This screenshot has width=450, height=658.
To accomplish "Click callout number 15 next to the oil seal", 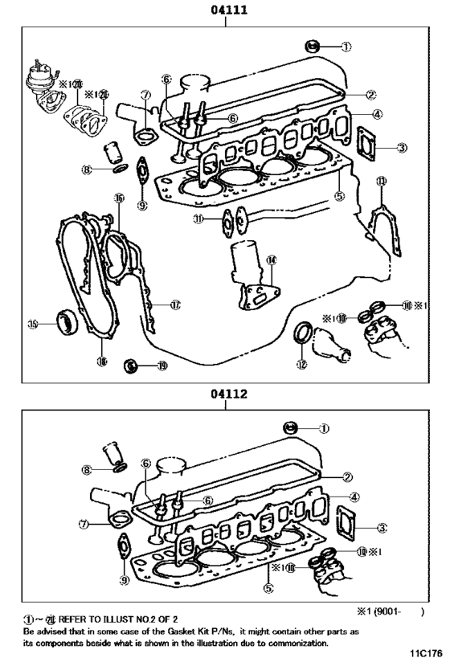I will click(x=32, y=325).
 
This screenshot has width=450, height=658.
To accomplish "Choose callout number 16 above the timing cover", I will click(x=119, y=198).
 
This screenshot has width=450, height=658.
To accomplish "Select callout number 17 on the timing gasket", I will click(x=174, y=304).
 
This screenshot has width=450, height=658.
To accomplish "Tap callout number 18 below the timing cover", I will click(x=101, y=362).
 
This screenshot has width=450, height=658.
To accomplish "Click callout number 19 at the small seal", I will click(x=162, y=366).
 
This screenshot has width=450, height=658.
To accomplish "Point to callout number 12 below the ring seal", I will click(x=301, y=364).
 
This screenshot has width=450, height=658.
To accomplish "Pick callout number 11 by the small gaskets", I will click(x=198, y=219).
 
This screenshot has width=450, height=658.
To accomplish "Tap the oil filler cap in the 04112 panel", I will click(x=292, y=428).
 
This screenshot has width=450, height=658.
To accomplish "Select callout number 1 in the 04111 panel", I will click(x=346, y=46).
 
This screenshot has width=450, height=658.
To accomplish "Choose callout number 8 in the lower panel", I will click(x=87, y=469).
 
